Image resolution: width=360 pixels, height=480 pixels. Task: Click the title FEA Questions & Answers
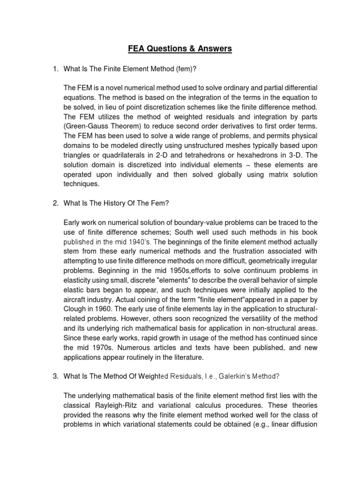pyautogui.click(x=180, y=48)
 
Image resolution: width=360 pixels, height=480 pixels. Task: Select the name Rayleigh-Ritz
pyautogui.click(x=117, y=405)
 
